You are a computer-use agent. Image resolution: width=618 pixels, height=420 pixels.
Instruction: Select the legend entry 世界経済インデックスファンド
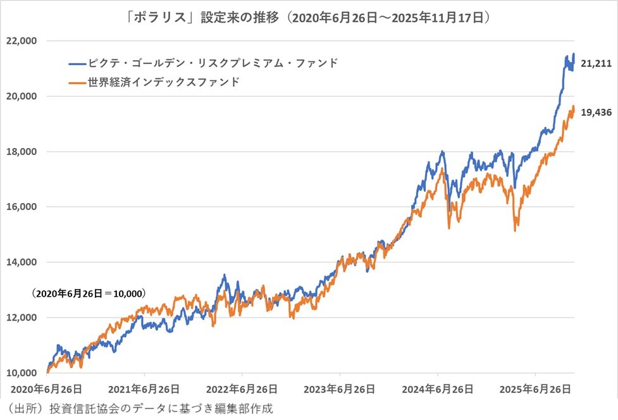(x=166, y=82)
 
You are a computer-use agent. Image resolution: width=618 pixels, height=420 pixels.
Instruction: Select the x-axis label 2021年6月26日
(x=144, y=388)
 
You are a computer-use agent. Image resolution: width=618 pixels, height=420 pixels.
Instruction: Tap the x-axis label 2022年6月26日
(x=242, y=388)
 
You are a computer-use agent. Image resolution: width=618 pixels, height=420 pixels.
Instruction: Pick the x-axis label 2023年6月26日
(x=340, y=388)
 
